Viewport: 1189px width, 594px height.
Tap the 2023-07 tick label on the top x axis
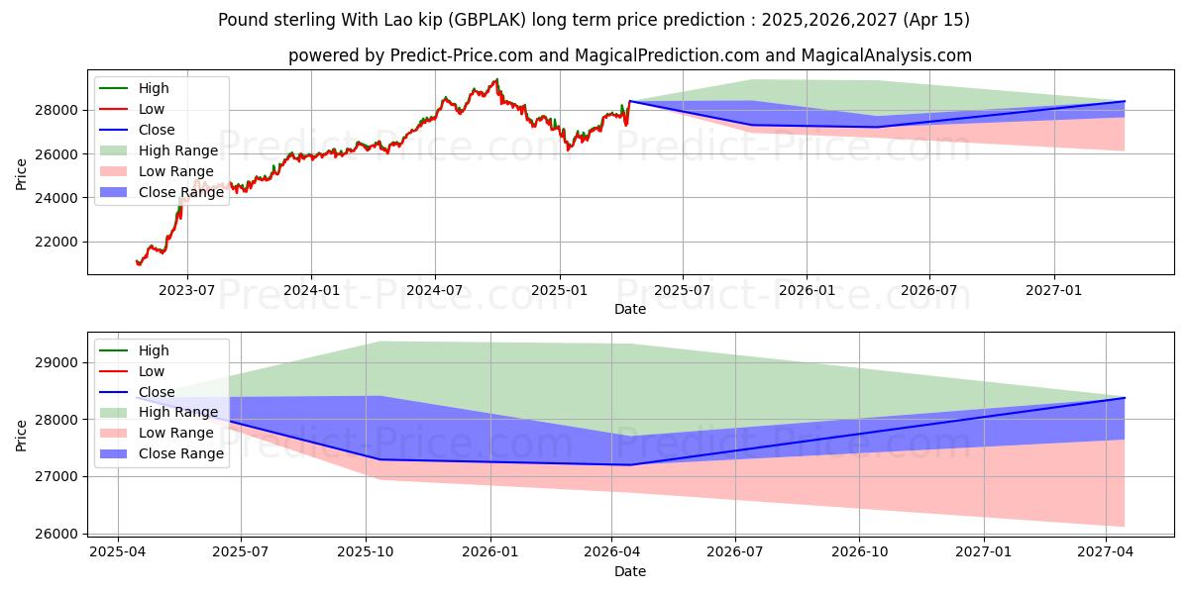point(187,290)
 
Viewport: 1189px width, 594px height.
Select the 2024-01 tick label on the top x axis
point(311,290)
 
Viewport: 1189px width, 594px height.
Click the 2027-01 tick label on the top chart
point(1053,290)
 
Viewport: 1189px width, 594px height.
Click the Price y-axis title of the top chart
point(22,173)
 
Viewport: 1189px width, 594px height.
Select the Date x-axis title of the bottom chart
point(630,571)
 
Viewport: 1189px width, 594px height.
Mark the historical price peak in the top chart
point(496,80)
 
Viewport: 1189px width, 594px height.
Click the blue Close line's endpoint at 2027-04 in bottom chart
point(1124,398)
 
